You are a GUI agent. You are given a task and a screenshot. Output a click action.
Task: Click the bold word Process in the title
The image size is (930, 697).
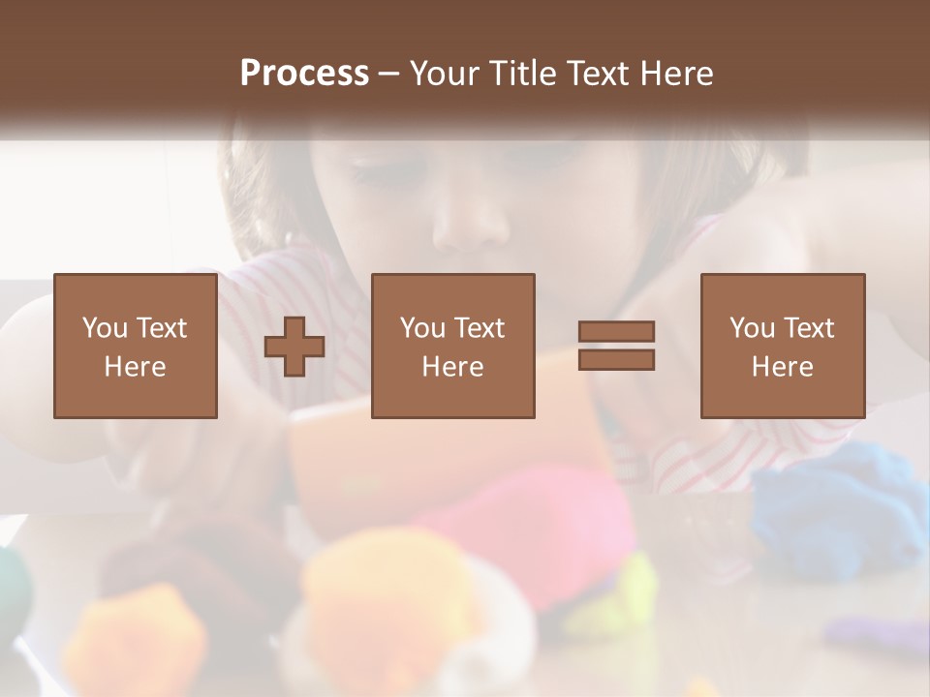(304, 74)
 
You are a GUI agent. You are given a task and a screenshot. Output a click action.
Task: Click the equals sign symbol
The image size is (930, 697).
(616, 346)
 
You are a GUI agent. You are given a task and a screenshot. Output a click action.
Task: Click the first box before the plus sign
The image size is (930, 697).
(135, 346)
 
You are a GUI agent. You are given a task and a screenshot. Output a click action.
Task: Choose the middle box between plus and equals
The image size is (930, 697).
(452, 346)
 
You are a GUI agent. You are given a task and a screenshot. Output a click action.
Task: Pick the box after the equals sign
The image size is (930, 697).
(782, 346)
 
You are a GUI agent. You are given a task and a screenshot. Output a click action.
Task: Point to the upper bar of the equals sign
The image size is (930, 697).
(616, 331)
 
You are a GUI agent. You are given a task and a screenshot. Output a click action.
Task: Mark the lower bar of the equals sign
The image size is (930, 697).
(616, 360)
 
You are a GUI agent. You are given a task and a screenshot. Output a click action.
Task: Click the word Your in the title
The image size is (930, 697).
(442, 74)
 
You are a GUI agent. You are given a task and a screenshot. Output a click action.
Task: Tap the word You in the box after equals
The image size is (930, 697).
(752, 328)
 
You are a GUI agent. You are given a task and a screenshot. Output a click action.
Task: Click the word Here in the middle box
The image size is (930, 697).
(452, 367)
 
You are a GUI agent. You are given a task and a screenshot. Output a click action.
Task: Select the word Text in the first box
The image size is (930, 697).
(161, 328)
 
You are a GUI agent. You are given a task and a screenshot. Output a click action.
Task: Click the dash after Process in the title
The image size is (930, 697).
(388, 75)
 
